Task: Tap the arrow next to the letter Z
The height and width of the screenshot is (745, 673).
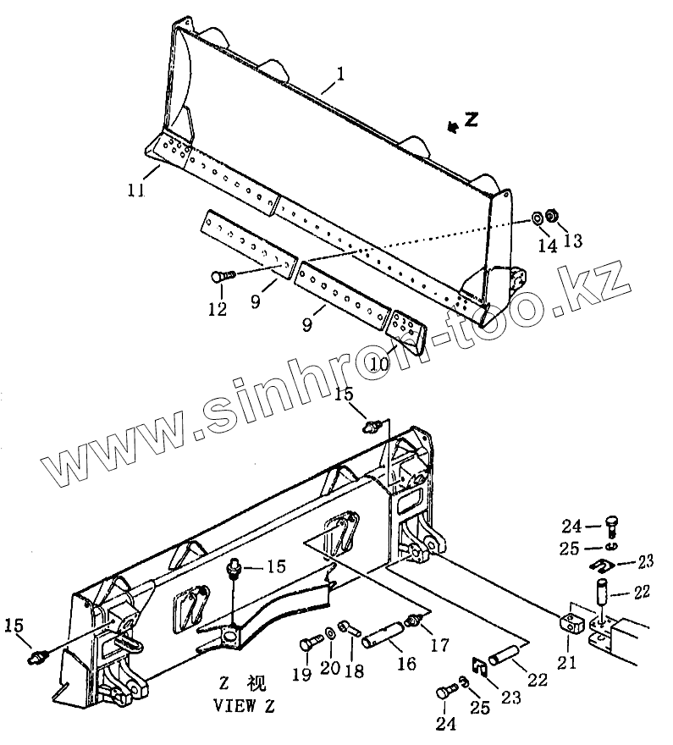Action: [455, 126]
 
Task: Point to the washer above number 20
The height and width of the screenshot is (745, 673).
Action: [328, 635]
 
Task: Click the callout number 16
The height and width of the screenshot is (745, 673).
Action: [407, 663]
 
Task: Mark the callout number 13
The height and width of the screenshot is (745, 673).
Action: [573, 241]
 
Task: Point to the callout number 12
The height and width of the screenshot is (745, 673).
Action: [218, 309]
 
